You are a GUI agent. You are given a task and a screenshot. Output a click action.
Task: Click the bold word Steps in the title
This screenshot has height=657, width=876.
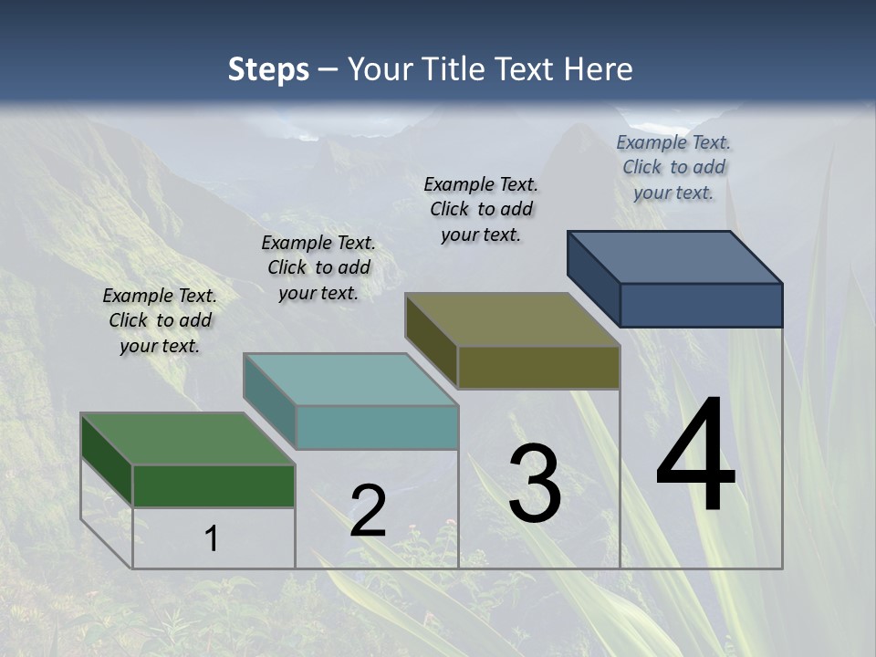point(268,69)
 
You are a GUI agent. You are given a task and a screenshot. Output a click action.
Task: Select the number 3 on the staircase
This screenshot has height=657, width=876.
point(535,484)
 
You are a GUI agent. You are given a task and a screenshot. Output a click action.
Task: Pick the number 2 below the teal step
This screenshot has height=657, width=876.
point(368,511)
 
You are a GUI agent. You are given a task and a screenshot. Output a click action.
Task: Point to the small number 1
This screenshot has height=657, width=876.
point(211,538)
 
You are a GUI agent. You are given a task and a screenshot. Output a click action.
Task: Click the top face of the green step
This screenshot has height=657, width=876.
point(187,439)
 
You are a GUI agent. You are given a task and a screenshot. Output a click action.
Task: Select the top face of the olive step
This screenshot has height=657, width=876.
point(512,319)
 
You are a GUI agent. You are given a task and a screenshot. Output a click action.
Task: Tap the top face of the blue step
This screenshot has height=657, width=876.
point(674,256)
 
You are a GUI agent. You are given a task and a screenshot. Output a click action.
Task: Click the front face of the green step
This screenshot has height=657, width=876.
point(214,485)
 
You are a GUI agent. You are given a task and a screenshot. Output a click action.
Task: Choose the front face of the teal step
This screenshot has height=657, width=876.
point(377,427)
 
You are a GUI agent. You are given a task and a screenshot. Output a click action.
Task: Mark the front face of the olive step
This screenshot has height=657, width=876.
point(538,367)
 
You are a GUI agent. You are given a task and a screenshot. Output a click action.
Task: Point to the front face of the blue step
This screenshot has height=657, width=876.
point(701,305)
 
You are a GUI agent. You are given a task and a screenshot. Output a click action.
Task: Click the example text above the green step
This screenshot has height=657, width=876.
point(160,320)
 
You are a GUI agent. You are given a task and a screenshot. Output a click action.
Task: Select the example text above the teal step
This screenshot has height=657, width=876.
point(318,267)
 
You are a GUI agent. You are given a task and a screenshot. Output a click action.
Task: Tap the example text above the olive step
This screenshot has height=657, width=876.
point(481,209)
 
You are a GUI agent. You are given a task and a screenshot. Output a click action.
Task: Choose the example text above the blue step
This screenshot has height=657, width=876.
point(673,167)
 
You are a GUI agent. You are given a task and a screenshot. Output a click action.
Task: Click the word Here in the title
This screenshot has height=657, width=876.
point(599,69)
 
